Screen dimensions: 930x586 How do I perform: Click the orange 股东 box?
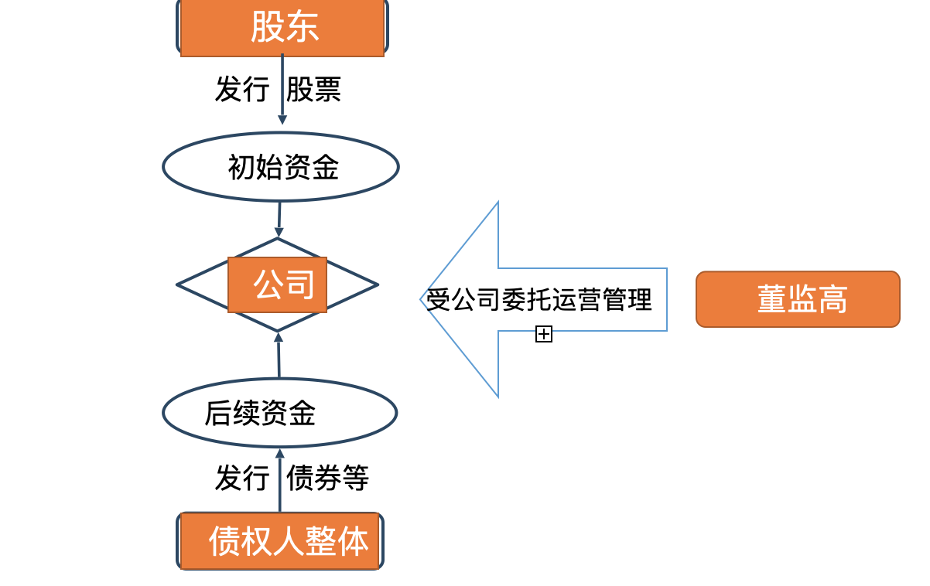click(x=282, y=27)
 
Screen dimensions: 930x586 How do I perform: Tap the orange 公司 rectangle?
click(x=277, y=284)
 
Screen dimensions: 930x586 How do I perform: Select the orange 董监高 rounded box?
click(x=798, y=299)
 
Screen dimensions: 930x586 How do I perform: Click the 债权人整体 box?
click(x=280, y=541)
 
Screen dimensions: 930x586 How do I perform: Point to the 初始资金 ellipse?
click(x=281, y=167)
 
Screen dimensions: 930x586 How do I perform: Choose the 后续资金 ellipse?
click(x=280, y=413)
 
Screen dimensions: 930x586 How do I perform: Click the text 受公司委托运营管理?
click(x=539, y=299)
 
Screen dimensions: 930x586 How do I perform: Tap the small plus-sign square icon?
click(x=544, y=334)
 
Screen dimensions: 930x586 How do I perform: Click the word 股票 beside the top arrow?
click(x=313, y=89)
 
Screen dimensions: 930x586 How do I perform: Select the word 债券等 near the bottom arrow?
click(x=327, y=477)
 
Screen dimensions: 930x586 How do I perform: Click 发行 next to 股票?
click(x=242, y=89)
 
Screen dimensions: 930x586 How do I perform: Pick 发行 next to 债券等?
click(x=242, y=477)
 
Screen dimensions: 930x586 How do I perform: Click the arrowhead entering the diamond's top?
click(x=279, y=232)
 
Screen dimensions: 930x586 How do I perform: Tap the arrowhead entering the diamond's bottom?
click(x=279, y=337)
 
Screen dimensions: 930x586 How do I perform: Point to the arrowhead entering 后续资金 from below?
click(x=280, y=453)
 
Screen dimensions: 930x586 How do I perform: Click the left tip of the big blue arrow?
click(x=420, y=299)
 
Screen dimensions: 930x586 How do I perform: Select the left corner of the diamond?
click(x=177, y=284)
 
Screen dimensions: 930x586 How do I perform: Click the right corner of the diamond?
click(x=378, y=284)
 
